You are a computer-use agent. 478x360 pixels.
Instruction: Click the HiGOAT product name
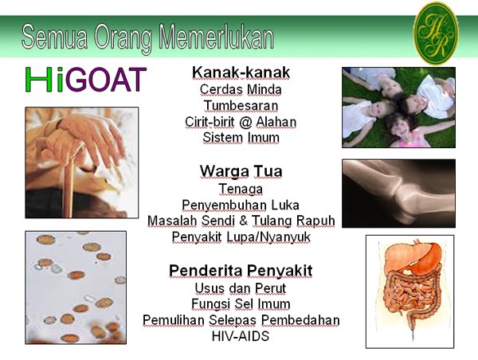click(86, 80)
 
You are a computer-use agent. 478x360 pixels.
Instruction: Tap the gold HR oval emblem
click(436, 33)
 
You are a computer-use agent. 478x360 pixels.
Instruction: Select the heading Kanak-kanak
click(241, 72)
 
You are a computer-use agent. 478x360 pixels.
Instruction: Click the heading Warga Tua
click(241, 171)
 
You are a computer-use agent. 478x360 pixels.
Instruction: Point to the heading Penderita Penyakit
click(241, 271)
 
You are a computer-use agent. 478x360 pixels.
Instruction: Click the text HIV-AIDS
click(241, 336)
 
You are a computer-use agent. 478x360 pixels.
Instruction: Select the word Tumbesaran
click(241, 106)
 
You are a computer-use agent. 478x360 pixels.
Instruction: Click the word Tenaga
click(241, 189)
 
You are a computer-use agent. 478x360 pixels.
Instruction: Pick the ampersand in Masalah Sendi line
click(243, 221)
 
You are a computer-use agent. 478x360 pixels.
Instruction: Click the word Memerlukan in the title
click(217, 37)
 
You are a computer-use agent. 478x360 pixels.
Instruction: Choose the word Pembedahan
click(300, 320)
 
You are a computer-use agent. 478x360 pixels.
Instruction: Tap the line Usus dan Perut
click(241, 288)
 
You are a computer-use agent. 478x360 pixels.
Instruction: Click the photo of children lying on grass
click(399, 108)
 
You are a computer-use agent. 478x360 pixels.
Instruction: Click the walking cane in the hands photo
click(70, 183)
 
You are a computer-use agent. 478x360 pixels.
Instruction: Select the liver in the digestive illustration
click(399, 256)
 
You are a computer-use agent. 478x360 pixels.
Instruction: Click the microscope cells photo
click(76, 288)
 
